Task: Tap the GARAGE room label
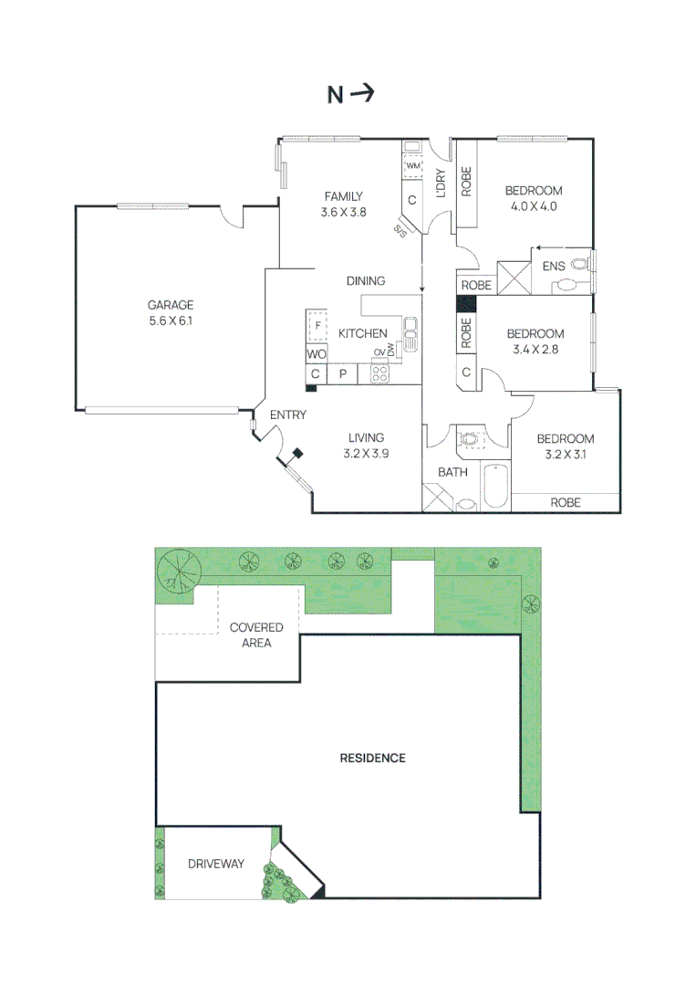171,305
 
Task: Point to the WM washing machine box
412,165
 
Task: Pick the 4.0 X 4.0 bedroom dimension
534,206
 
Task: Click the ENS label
554,266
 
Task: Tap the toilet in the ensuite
578,265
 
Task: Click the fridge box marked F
317,325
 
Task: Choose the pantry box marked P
343,374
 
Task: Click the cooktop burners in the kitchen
380,373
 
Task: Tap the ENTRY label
287,415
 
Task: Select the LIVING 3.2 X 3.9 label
367,445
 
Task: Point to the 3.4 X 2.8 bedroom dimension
535,349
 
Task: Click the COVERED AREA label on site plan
256,635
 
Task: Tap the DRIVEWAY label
216,863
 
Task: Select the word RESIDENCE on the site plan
372,758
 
